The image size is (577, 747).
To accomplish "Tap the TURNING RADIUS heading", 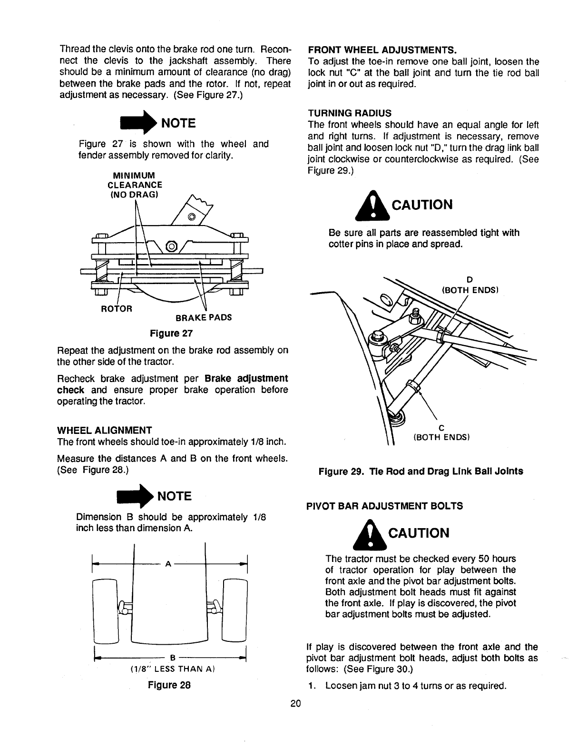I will [x=350, y=113].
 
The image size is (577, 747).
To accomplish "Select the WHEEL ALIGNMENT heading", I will [x=104, y=430].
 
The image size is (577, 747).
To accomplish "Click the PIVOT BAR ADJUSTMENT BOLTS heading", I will [x=385, y=506].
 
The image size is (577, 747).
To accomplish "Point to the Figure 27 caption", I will [x=171, y=333].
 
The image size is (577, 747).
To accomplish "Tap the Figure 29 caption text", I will [x=421, y=471].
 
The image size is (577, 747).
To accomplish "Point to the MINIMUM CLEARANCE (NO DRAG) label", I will [x=135, y=185].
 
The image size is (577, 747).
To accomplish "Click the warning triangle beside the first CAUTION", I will [x=373, y=206].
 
